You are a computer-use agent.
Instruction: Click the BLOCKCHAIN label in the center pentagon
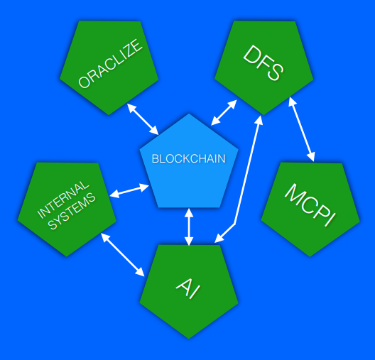[189, 158]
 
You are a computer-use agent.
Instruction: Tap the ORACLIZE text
[111, 64]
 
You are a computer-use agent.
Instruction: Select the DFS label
[263, 62]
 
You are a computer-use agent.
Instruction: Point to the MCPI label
[310, 205]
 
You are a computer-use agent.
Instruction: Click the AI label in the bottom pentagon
[188, 288]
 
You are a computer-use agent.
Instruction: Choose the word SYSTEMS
[72, 211]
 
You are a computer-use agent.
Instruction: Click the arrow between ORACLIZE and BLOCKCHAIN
[143, 119]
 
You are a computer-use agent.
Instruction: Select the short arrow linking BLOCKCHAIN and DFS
[224, 113]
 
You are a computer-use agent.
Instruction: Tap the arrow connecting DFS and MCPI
[301, 129]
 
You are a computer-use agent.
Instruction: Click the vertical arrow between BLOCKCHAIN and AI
[189, 227]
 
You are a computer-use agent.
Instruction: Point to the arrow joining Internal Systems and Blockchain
[129, 190]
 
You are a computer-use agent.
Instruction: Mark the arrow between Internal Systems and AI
[122, 255]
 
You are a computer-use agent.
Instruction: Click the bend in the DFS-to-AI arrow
[235, 224]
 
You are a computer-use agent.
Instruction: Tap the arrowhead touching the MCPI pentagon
[310, 158]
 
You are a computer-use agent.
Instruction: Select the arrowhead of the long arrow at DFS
[259, 120]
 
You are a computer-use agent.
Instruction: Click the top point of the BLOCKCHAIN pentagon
[189, 114]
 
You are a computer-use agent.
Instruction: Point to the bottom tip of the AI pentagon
[188, 339]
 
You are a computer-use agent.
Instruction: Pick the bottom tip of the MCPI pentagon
[310, 256]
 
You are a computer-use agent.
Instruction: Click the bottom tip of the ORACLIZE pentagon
[109, 115]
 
